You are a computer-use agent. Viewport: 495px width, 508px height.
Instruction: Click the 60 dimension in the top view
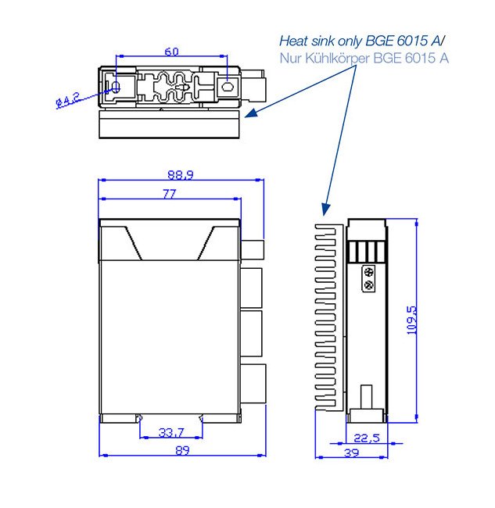(x=171, y=52)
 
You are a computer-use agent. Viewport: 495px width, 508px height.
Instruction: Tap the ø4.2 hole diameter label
(x=69, y=101)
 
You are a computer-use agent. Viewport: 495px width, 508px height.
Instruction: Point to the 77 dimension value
(x=169, y=194)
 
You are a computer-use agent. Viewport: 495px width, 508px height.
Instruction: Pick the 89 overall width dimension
(x=182, y=450)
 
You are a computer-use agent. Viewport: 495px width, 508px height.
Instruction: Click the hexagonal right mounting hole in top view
(x=228, y=88)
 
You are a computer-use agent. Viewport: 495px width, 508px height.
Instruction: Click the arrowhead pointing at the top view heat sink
(x=250, y=115)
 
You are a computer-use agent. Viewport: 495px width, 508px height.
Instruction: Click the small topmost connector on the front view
(x=253, y=250)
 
